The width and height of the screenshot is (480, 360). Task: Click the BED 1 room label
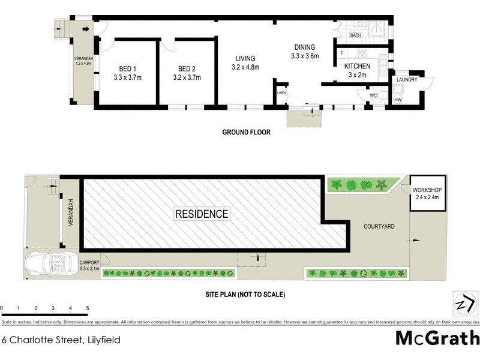[126, 68]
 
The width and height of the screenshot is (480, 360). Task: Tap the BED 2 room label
[186, 68]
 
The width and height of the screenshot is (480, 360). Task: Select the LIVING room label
[245, 58]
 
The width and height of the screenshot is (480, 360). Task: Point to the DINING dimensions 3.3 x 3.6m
[304, 56]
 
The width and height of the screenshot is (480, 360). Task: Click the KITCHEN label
[357, 67]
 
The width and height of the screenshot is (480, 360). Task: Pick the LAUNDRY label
[407, 79]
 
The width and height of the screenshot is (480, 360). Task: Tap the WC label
[373, 96]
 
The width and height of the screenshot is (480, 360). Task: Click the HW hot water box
[398, 100]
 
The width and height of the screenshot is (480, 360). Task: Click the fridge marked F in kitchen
[341, 53]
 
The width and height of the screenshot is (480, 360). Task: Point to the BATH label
[356, 35]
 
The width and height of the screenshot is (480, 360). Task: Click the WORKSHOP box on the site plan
[428, 193]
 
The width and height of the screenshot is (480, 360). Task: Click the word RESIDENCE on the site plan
[202, 214]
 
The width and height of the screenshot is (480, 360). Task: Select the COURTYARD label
[379, 226]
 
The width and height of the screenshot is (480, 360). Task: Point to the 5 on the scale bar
[88, 308]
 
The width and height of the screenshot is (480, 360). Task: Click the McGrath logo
[437, 338]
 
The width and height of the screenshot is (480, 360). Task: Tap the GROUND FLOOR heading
[246, 132]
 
